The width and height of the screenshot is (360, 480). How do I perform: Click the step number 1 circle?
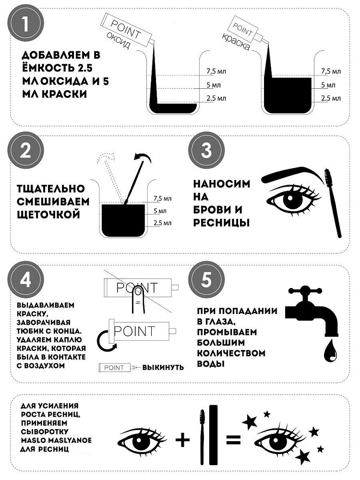26,24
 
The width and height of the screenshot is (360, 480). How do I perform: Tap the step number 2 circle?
26,150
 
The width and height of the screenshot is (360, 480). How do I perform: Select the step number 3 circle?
206,150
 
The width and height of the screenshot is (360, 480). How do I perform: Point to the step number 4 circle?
26,279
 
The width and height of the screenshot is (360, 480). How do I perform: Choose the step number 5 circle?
206,279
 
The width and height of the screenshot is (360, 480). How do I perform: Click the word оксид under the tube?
119,40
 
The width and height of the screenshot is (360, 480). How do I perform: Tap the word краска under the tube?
236,42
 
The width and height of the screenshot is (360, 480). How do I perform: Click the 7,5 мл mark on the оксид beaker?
216,72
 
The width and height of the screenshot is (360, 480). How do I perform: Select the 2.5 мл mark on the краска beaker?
331,98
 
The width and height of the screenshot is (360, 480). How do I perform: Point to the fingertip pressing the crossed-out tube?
138,293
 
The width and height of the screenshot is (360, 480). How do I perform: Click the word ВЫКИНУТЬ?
163,367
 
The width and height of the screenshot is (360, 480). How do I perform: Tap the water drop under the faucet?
331,351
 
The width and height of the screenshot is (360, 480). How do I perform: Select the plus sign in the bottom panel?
183,440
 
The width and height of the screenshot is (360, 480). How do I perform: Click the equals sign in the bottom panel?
233,440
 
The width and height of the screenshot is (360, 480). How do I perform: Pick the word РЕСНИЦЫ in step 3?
221,223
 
